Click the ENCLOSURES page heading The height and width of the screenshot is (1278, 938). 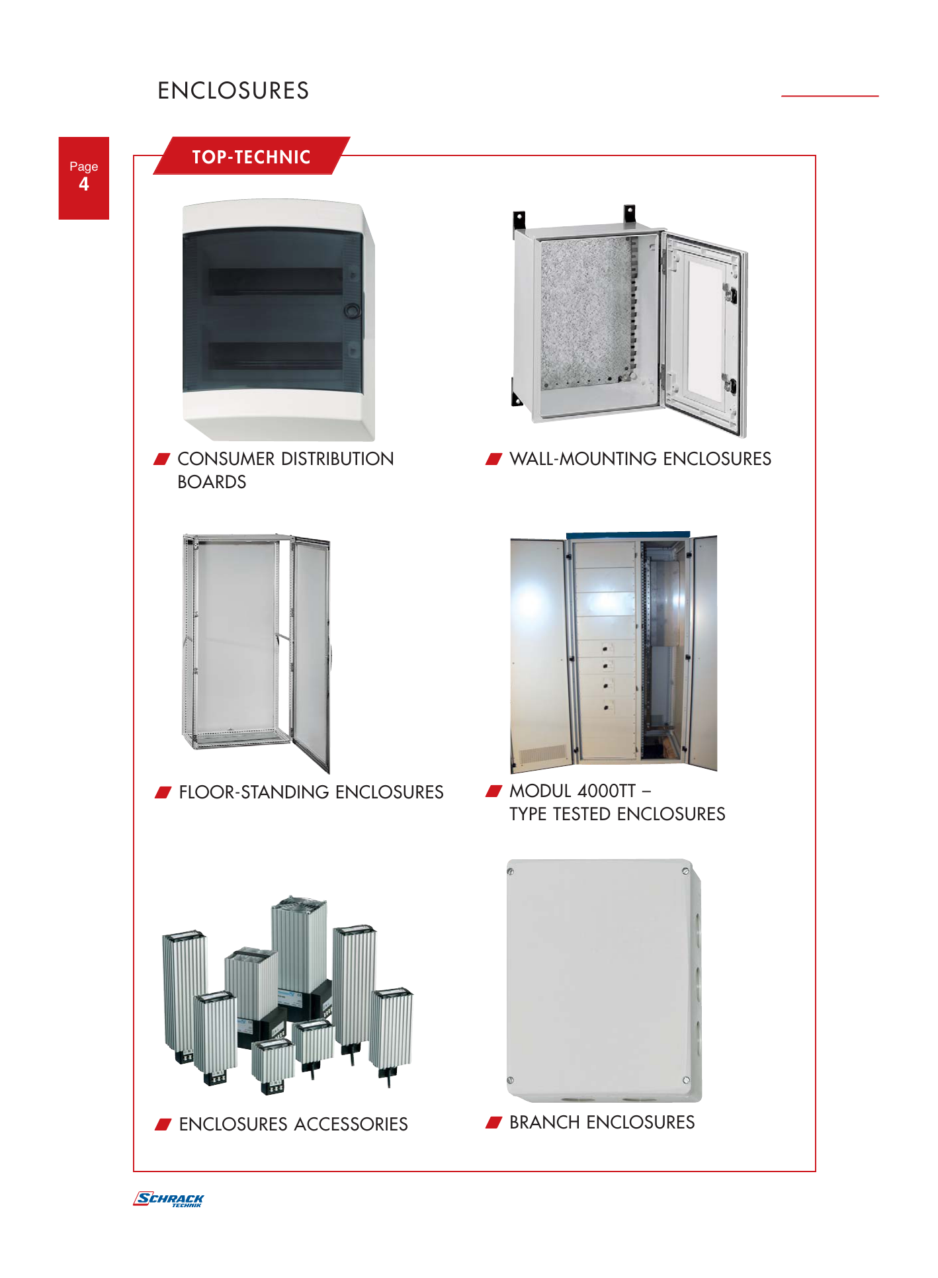point(233,91)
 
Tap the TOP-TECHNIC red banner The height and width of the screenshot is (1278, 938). point(251,156)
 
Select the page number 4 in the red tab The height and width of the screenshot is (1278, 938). point(84,184)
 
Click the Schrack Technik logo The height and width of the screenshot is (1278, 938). point(169,1199)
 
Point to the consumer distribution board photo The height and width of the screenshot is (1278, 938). point(278,320)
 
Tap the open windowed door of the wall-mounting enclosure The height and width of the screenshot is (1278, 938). point(705,335)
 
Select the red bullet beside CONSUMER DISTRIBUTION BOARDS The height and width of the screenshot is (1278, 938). point(162,459)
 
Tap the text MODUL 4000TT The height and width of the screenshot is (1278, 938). point(572,790)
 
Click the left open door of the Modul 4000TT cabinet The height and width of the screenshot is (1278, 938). point(538,655)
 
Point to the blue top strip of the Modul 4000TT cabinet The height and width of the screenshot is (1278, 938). point(628,534)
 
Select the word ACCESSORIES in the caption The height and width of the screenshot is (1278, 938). point(351,1124)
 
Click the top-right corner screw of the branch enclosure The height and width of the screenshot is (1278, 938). point(685,871)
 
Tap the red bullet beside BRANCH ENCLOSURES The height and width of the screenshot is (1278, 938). point(494,1122)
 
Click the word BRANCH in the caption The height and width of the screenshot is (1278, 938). point(545,1122)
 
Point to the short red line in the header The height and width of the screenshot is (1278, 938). point(830,96)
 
